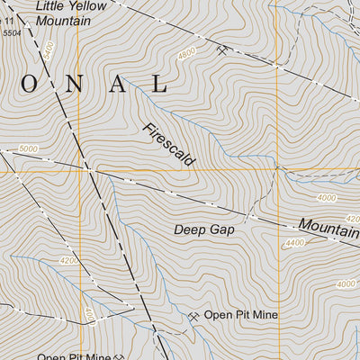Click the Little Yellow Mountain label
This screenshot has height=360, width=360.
coord(70,12)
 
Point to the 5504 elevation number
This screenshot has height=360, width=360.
coord(11,32)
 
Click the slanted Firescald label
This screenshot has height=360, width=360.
coord(167,143)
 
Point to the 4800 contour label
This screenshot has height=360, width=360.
coord(186,54)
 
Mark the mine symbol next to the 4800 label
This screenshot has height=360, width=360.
coord(221,50)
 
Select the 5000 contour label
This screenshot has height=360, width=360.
coord(29,148)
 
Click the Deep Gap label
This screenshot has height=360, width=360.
coord(204,229)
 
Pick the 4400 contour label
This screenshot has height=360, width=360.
coord(295,243)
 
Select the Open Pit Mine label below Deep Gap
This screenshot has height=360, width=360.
coord(240,315)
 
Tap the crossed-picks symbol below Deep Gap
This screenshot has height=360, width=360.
coord(193,316)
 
